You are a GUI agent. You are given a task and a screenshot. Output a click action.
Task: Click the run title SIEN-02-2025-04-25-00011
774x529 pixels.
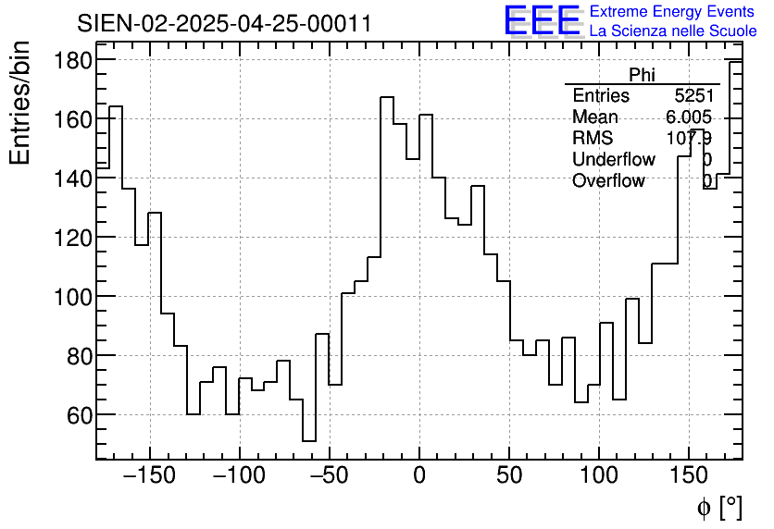(224, 23)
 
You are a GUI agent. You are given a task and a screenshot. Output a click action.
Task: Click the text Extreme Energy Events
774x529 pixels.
(671, 12)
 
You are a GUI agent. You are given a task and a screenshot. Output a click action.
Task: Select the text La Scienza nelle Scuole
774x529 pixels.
(673, 31)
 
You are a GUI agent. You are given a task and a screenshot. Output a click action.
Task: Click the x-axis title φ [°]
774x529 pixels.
(719, 508)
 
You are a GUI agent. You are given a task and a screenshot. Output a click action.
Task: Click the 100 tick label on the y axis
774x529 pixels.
(70, 297)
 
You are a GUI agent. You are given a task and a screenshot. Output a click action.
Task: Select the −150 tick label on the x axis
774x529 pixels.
(148, 476)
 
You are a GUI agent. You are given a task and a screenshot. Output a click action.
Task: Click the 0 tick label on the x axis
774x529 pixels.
(419, 476)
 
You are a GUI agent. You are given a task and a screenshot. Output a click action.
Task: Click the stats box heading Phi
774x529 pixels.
(642, 75)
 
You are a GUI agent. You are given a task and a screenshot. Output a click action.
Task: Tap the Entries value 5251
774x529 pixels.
(693, 96)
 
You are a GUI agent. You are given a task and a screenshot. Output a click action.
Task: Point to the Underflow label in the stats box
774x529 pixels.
(613, 159)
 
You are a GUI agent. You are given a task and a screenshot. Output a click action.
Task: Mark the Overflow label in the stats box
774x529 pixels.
(608, 180)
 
